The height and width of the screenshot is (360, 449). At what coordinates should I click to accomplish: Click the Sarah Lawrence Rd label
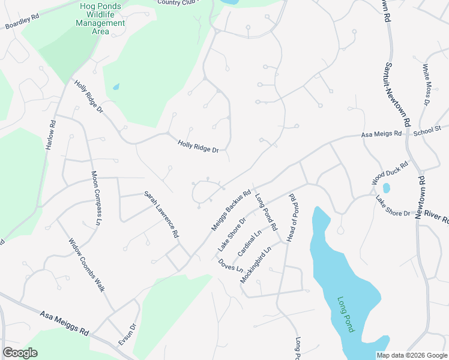pos(161,212)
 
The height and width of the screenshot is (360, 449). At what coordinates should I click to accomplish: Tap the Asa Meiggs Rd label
pos(64,323)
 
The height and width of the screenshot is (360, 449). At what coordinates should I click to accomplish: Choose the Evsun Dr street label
pos(127,334)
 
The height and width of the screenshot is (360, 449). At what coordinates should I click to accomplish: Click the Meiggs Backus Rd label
pos(231,211)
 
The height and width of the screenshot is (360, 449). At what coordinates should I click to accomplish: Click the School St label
pos(427,129)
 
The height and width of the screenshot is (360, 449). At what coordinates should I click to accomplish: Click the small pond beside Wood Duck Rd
pos(386,188)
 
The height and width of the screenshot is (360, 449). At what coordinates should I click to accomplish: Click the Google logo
pos(20,352)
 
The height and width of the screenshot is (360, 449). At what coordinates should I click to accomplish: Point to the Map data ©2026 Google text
pos(411,355)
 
